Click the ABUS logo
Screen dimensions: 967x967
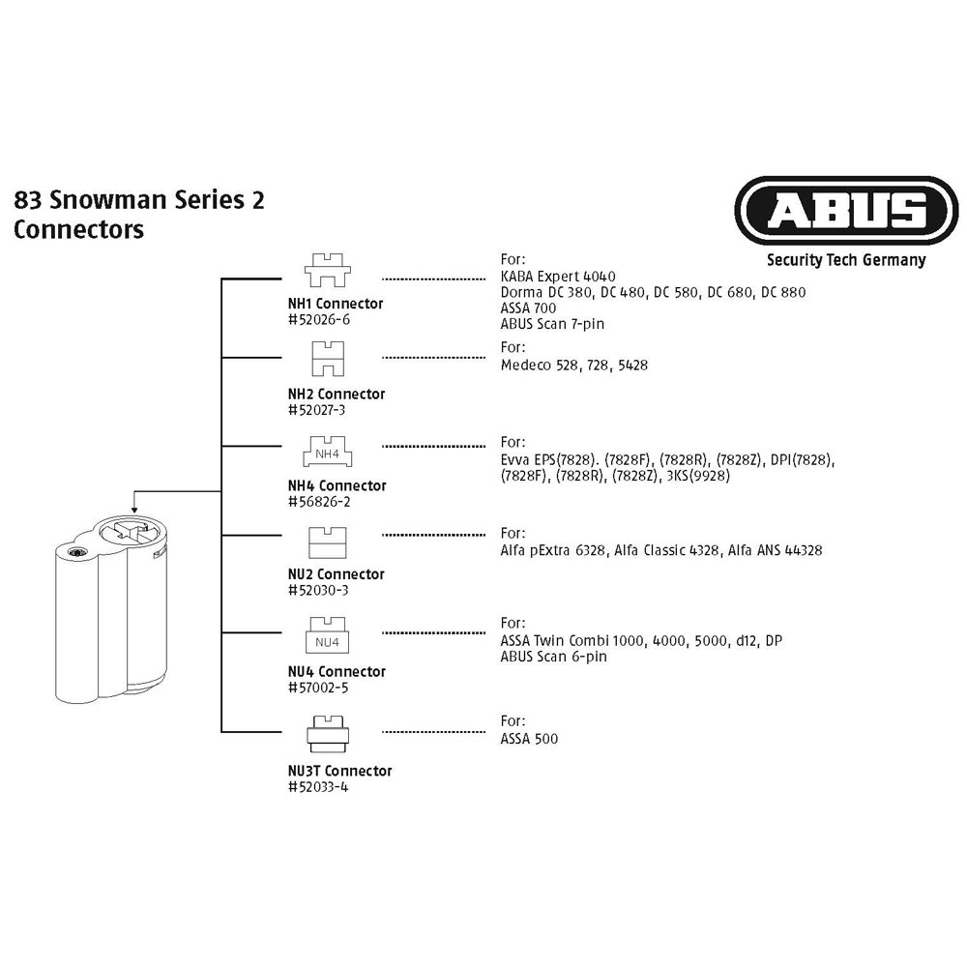click(846, 210)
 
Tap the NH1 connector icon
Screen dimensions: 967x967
click(328, 270)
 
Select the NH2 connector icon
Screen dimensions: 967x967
click(328, 359)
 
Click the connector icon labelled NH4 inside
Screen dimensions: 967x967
click(328, 452)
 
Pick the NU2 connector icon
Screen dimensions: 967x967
click(328, 542)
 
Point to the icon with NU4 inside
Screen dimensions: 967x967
click(328, 635)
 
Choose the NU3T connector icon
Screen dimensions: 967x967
click(328, 734)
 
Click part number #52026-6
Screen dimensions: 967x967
click(319, 319)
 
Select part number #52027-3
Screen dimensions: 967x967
click(317, 410)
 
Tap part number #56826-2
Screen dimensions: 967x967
click(319, 501)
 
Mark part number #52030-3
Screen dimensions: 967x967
click(318, 590)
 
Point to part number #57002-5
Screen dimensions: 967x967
click(318, 688)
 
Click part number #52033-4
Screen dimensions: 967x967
click(318, 787)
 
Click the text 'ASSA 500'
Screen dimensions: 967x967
click(529, 739)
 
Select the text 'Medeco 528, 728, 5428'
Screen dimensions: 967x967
click(574, 366)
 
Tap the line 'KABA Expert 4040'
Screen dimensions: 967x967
click(558, 277)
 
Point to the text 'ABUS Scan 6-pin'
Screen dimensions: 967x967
click(554, 657)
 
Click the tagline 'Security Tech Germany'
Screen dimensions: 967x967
click(846, 260)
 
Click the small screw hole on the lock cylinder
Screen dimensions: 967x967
click(77, 552)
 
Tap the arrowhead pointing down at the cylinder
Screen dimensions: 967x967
click(134, 509)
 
